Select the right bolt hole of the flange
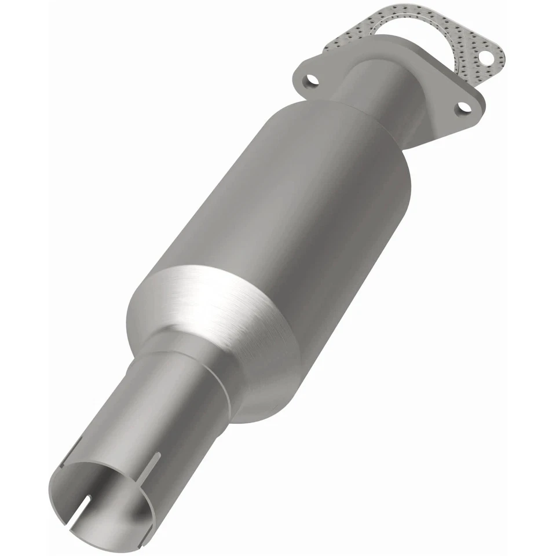pyautogui.click(x=463, y=108)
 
